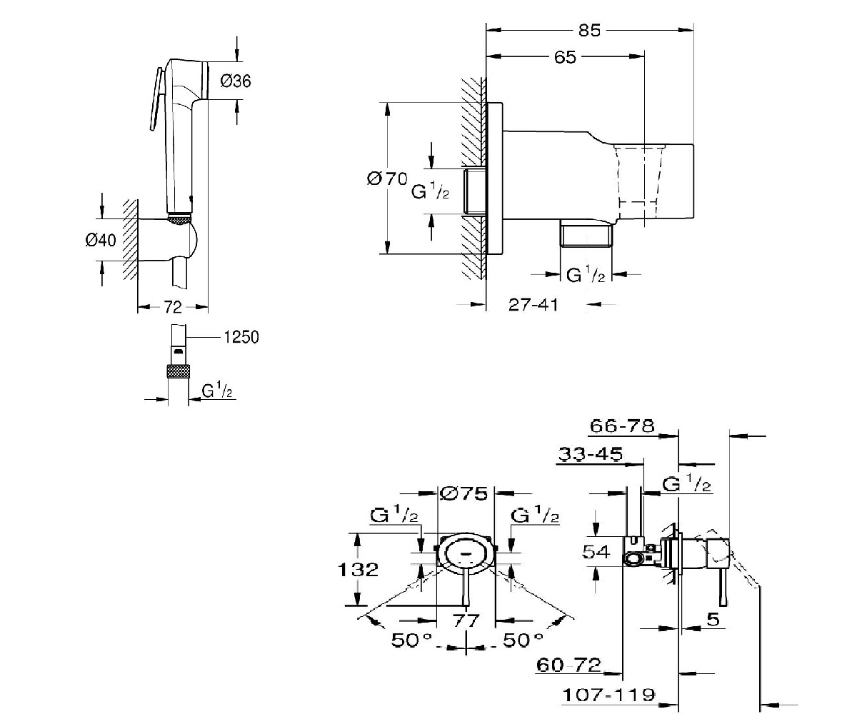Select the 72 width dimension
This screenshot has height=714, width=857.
tap(173, 307)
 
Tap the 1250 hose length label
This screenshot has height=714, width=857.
tap(241, 337)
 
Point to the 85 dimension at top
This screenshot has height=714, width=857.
tap(591, 30)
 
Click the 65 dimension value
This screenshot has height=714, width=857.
tap(564, 57)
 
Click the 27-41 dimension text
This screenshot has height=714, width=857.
tap(533, 305)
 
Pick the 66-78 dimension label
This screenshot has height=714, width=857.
tap(622, 426)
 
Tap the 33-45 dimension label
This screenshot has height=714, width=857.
tap(591, 453)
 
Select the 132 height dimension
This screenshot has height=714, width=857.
tap(358, 570)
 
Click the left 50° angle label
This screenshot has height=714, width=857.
tap(412, 640)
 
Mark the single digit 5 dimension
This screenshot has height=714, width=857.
tap(713, 620)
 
